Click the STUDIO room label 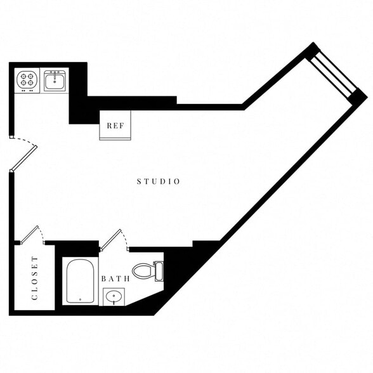(x=159, y=181)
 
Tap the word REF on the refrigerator (x=115, y=126)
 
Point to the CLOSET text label (x=34, y=278)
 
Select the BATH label (x=115, y=278)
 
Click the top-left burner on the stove (x=23, y=76)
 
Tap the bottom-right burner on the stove (x=30, y=83)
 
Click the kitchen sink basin (x=55, y=81)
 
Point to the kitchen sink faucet (x=55, y=73)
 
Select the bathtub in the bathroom (x=81, y=281)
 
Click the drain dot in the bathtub (x=81, y=299)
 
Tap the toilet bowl (x=142, y=272)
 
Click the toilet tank (x=158, y=272)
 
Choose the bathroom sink (x=114, y=296)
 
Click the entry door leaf (x=23, y=159)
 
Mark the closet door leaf (x=30, y=234)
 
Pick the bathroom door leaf (x=110, y=239)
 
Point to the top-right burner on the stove (x=30, y=76)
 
